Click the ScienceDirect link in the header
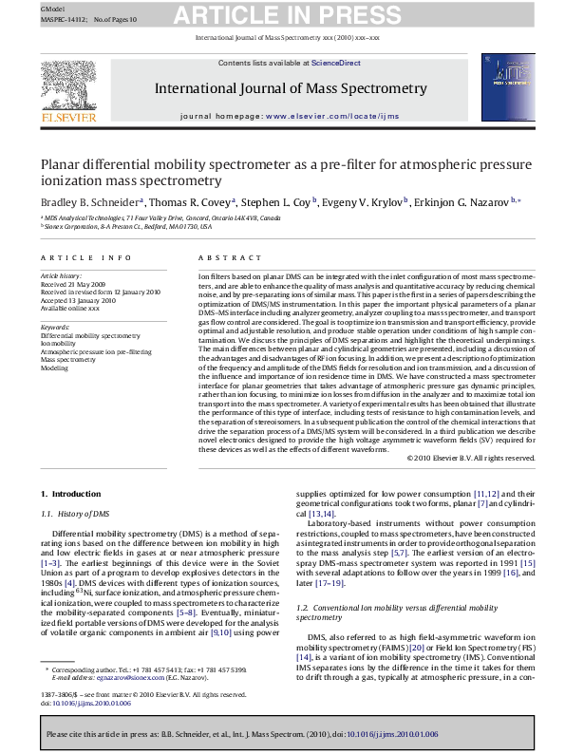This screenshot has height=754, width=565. click(x=337, y=63)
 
